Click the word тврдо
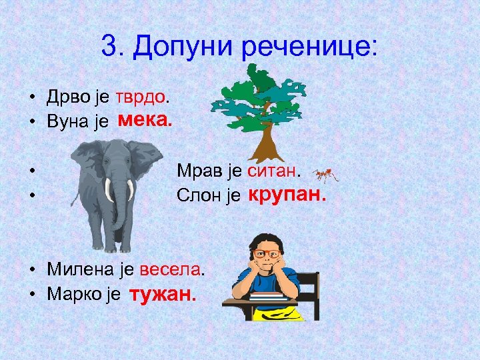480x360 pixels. point(141,97)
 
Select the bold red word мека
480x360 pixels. point(144,121)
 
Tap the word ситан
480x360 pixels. point(273,172)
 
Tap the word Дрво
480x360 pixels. point(67,97)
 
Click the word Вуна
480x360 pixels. point(67,121)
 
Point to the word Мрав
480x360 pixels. point(199,172)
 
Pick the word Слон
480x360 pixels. point(199,196)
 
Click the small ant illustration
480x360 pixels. point(325,175)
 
